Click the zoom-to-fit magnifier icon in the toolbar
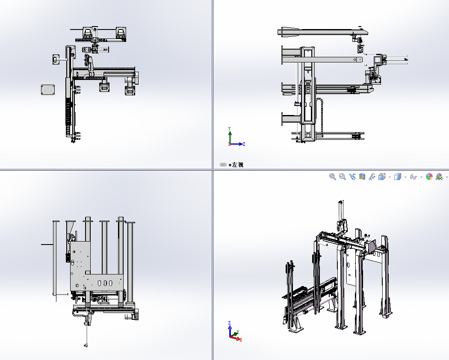(x=332, y=177)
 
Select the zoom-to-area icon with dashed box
(x=342, y=177)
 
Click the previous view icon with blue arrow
(x=352, y=177)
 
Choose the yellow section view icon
(x=362, y=177)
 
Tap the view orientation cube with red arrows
(x=382, y=177)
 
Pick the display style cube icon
(x=397, y=177)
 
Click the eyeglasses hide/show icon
(x=413, y=177)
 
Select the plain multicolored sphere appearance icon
(x=429, y=177)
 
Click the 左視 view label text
(x=238, y=165)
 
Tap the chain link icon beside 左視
(x=223, y=165)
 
